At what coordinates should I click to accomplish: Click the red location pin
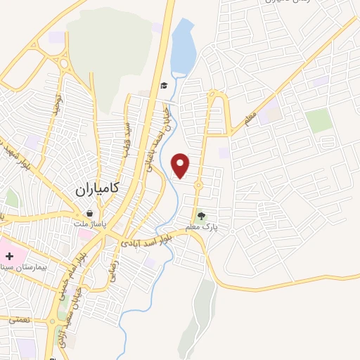pyautogui.click(x=181, y=165)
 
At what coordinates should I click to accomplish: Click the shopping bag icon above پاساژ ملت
pyautogui.click(x=89, y=213)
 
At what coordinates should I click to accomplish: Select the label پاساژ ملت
pyautogui.click(x=89, y=224)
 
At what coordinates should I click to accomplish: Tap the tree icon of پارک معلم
pyautogui.click(x=202, y=216)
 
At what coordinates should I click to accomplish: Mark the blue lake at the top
pyautogui.click(x=182, y=49)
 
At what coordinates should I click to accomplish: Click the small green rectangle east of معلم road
pyautogui.click(x=319, y=120)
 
